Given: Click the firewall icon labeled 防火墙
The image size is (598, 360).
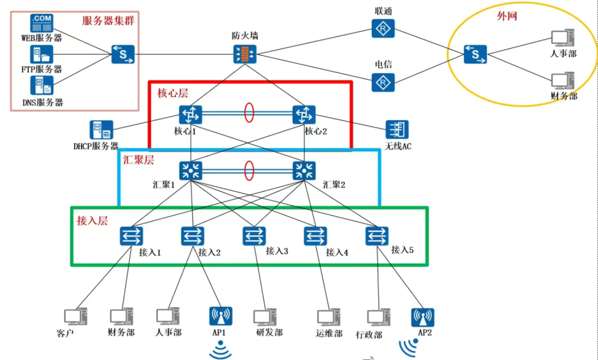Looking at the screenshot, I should [244, 53].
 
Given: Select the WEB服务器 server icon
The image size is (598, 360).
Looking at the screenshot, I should [42, 24].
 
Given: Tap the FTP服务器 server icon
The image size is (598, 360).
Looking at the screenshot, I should [42, 55].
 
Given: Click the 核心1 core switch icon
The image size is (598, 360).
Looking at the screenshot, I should [191, 114].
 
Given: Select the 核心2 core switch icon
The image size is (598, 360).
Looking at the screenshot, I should [304, 114].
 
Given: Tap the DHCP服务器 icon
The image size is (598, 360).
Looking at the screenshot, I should [101, 130].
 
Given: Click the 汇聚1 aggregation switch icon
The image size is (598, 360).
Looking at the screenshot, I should [191, 171].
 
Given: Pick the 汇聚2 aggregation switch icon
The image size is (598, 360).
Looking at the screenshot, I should [304, 171].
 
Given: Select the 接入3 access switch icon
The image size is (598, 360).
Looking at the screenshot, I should [254, 236].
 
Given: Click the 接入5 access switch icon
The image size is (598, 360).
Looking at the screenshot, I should [377, 236].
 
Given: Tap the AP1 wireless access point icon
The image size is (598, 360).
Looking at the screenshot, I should [221, 317].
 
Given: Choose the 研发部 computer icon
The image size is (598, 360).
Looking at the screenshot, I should [264, 318].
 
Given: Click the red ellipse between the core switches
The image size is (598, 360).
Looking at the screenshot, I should [249, 114].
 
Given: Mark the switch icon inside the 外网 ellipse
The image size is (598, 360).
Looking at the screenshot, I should [475, 54].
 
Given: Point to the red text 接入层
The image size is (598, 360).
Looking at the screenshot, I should [92, 221].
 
